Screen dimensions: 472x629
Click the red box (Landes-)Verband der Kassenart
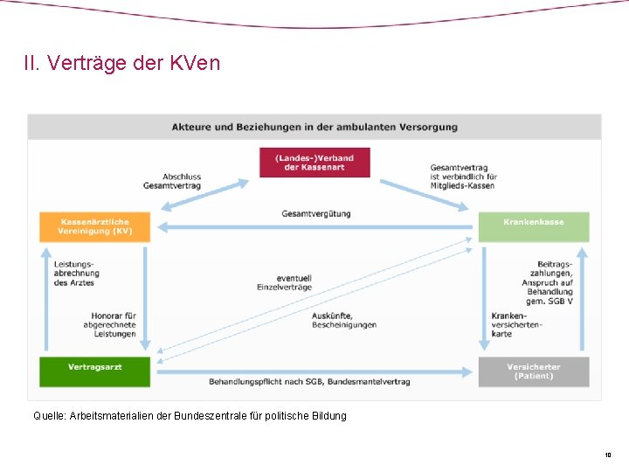click(314, 163)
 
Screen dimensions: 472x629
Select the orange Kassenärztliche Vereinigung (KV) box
click(95, 226)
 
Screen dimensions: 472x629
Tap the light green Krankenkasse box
click(533, 226)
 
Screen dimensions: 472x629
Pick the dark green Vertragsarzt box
click(95, 371)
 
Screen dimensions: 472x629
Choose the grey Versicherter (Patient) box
click(533, 371)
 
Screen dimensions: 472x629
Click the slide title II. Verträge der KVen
click(122, 64)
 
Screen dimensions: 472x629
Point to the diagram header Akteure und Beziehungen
click(314, 127)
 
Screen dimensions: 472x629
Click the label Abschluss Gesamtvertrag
click(173, 181)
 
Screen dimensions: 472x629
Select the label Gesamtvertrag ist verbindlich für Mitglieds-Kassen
click(462, 177)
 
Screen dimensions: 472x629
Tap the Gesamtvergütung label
click(316, 213)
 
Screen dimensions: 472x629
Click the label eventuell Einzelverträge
click(284, 282)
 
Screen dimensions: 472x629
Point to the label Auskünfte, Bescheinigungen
click(344, 320)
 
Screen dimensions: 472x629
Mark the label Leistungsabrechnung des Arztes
click(76, 274)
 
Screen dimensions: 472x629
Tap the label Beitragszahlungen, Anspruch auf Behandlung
click(548, 282)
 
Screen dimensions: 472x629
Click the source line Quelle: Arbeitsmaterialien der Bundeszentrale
click(190, 416)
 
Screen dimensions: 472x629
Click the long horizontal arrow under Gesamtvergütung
click(314, 227)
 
